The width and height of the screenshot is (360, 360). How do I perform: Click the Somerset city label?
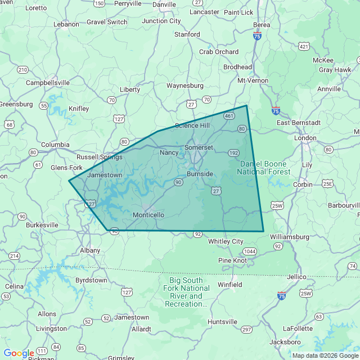199,147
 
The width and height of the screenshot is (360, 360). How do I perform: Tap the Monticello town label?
148,215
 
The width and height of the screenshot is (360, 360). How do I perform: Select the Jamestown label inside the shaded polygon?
105,175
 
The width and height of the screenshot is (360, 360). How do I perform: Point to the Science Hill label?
192,125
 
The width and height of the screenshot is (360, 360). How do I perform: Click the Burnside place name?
200,174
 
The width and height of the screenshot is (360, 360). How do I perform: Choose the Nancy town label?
169,152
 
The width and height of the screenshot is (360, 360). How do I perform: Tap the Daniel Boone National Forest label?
263,168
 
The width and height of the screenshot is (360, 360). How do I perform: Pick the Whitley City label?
226,241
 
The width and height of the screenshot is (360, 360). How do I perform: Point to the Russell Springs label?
99,157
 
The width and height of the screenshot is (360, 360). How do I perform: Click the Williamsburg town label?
290,237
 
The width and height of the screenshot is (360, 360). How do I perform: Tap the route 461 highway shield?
228,116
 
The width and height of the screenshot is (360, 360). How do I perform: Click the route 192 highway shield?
234,152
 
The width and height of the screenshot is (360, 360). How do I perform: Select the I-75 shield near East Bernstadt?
276,111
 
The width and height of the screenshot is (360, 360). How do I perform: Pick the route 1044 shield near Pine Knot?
250,251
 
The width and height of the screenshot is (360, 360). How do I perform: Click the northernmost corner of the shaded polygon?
246,105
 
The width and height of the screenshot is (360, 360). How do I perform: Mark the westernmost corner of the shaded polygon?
69,181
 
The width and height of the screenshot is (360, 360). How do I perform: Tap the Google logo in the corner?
18,353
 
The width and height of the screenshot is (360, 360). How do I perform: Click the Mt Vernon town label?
253,80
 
